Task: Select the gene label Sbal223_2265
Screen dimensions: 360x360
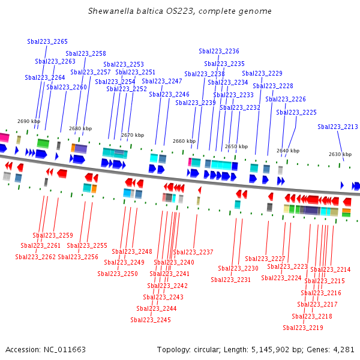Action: click(x=47, y=41)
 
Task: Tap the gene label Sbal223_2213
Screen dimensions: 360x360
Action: click(x=338, y=127)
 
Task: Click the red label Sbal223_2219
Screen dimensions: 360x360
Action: click(x=303, y=328)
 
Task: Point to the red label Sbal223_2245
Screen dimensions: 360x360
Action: click(x=151, y=320)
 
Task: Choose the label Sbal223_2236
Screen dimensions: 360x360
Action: click(x=219, y=51)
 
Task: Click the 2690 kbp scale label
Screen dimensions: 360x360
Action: click(x=29, y=121)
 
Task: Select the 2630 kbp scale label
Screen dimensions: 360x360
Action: click(x=340, y=154)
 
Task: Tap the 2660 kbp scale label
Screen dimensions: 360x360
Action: click(x=184, y=141)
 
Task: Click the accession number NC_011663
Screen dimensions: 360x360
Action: click(x=65, y=350)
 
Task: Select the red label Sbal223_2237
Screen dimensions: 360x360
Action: click(x=193, y=252)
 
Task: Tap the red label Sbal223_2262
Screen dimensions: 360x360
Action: click(x=35, y=257)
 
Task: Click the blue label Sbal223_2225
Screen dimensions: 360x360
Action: click(x=296, y=112)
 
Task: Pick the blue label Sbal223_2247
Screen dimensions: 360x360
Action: click(x=162, y=81)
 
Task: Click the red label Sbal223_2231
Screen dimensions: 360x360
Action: click(x=231, y=280)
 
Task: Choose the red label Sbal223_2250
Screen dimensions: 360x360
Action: click(x=118, y=274)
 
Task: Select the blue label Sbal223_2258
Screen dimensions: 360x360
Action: click(x=86, y=53)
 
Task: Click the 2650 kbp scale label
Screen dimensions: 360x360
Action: click(x=236, y=146)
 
